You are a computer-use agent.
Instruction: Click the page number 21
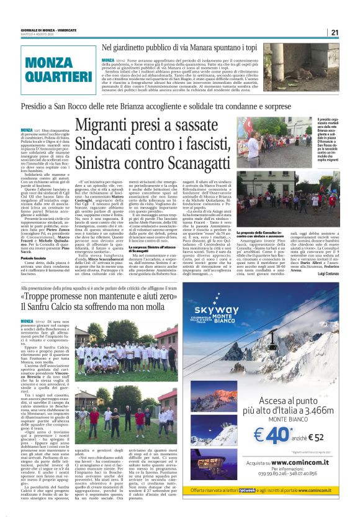pos(335,32)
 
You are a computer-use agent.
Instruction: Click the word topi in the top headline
pos(232,47)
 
